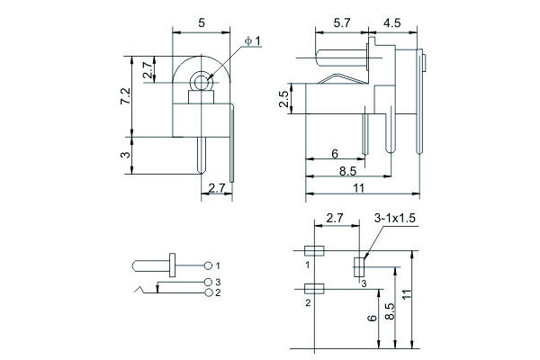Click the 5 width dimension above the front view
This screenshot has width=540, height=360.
coord(202,22)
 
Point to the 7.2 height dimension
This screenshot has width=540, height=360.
coord(125,94)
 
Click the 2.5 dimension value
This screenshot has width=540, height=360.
coord(284,99)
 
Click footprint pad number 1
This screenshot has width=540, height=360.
coord(314,251)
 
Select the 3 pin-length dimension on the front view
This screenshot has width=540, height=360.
coord(125,155)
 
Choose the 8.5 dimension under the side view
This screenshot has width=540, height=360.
coord(346,170)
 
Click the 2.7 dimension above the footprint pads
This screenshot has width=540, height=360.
coord(335,219)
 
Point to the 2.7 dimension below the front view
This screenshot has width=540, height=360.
coord(216,187)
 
